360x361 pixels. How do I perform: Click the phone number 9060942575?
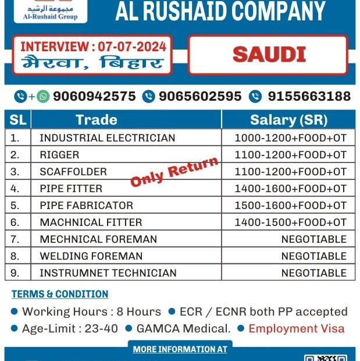pos(94,96)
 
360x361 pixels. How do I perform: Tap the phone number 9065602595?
pos(199,96)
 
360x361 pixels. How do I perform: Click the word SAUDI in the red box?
pos(269,54)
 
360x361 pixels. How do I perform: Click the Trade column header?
pos(97,120)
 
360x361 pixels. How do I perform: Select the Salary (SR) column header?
pos(288,120)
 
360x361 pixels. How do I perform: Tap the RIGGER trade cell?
pos(59,155)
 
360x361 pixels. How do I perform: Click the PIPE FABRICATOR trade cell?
pos(86,205)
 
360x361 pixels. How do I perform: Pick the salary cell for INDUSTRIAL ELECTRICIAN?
pos(290,138)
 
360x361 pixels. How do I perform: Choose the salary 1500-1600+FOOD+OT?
pos(290,205)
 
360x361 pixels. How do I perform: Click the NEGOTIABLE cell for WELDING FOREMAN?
pos(313,256)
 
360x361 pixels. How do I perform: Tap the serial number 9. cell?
pos(16,272)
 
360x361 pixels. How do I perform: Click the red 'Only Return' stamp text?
pos(175,172)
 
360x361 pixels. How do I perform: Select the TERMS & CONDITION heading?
pos(60,294)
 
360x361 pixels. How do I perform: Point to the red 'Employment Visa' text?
pos(296,328)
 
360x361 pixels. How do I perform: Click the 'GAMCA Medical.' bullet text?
pos(183,328)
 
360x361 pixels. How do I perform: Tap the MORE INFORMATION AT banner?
pos(180,349)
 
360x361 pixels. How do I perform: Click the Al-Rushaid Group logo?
pos(49,10)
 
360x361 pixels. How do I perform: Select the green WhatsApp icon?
pos(42,97)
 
